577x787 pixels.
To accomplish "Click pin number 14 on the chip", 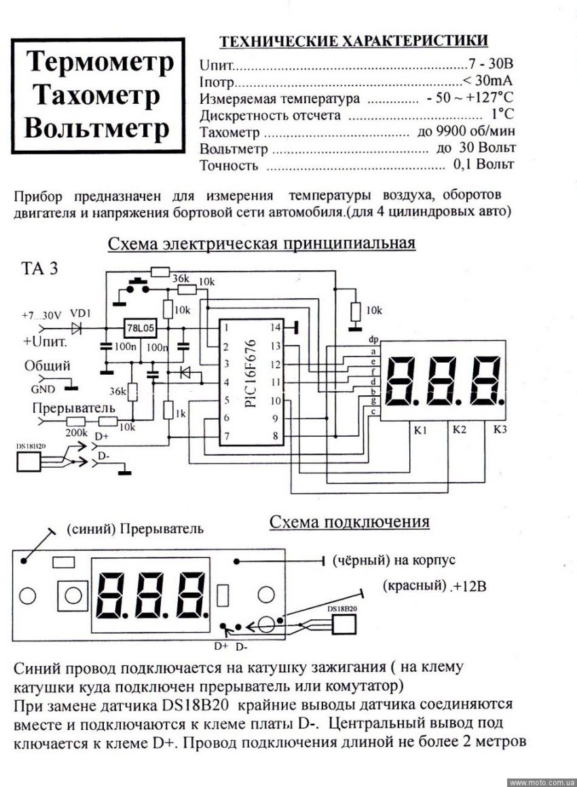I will pos(275,327).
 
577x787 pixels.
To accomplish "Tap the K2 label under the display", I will pos(459,429).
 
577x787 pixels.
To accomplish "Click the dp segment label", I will pos(373,339).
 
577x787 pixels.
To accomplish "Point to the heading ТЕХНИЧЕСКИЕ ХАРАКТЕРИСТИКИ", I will pos(353,41).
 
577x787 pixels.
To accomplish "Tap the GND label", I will pos(43,389).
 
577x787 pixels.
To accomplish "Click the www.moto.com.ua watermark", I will pos(542,782).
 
